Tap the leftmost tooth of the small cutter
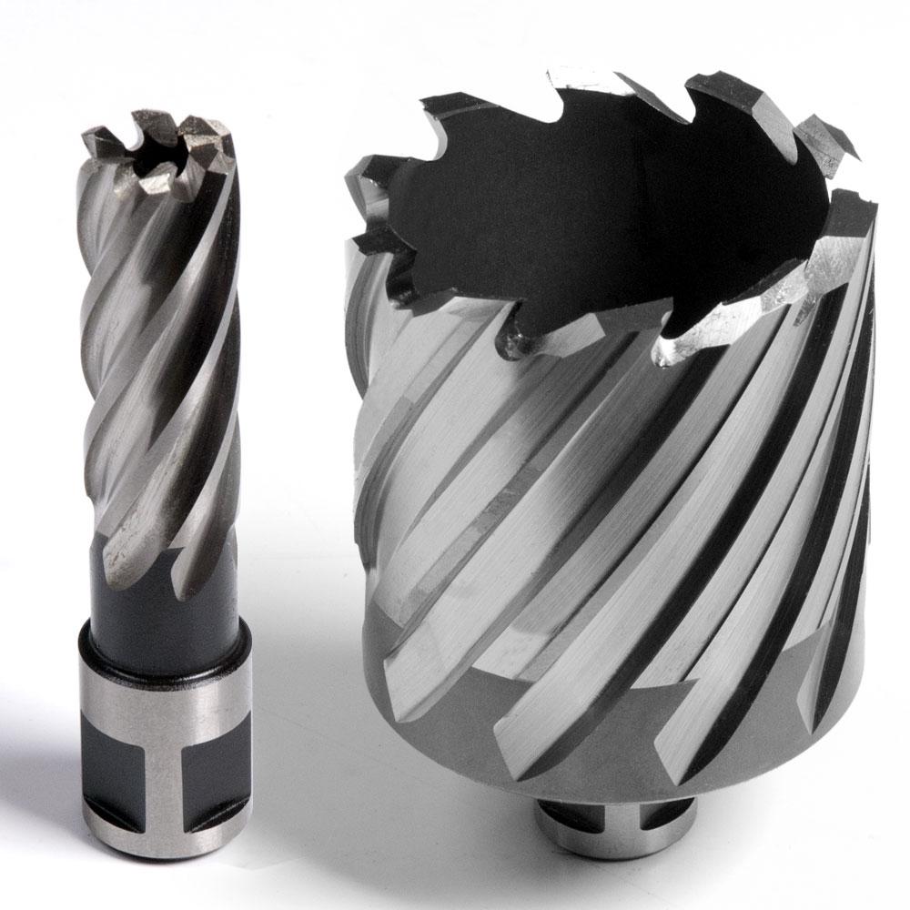(x=95, y=141)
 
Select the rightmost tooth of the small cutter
(x=218, y=146)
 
